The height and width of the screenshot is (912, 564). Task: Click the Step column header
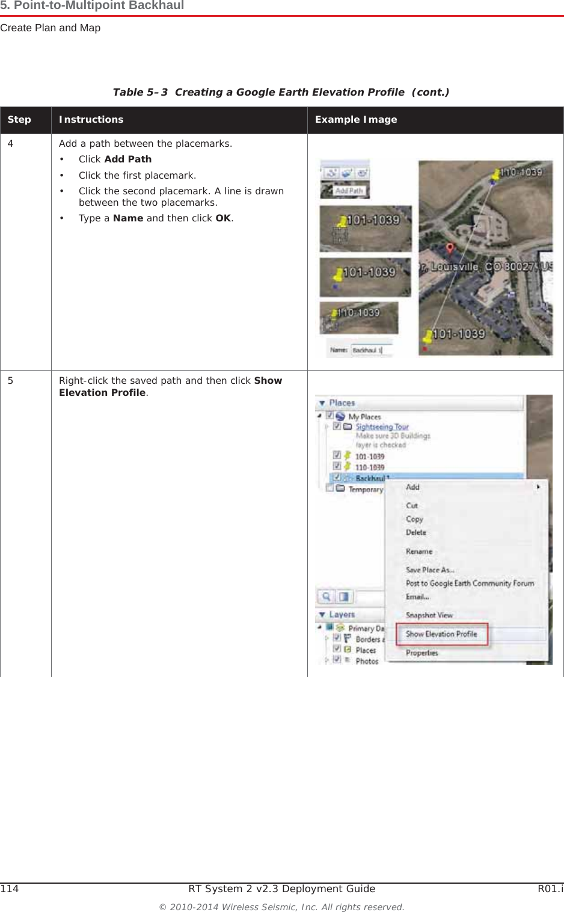coord(19,120)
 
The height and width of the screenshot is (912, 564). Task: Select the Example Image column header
coord(356,120)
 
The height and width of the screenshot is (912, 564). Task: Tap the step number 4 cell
coord(11,144)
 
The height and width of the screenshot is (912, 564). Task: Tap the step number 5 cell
coord(11,381)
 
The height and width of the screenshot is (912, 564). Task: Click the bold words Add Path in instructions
coord(127,159)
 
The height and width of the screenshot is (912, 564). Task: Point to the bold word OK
coord(223,218)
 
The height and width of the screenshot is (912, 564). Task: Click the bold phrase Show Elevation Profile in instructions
coord(170,386)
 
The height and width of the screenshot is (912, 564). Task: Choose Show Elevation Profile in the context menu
coord(441,634)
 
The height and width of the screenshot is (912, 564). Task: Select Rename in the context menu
coord(419,552)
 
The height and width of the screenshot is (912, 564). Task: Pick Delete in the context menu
coord(416,533)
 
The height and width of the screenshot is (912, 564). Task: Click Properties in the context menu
coord(422,653)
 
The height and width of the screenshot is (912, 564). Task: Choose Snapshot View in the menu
coord(429,615)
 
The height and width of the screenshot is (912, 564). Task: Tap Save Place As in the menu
coord(430,570)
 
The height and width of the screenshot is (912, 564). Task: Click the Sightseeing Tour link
coord(382,427)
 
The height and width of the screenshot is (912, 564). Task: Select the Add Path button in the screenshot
coord(348,191)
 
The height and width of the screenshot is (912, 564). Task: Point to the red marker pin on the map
coord(450,248)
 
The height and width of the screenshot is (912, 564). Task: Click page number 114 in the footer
coord(10,889)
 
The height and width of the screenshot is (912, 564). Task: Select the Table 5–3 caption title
coord(281,92)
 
